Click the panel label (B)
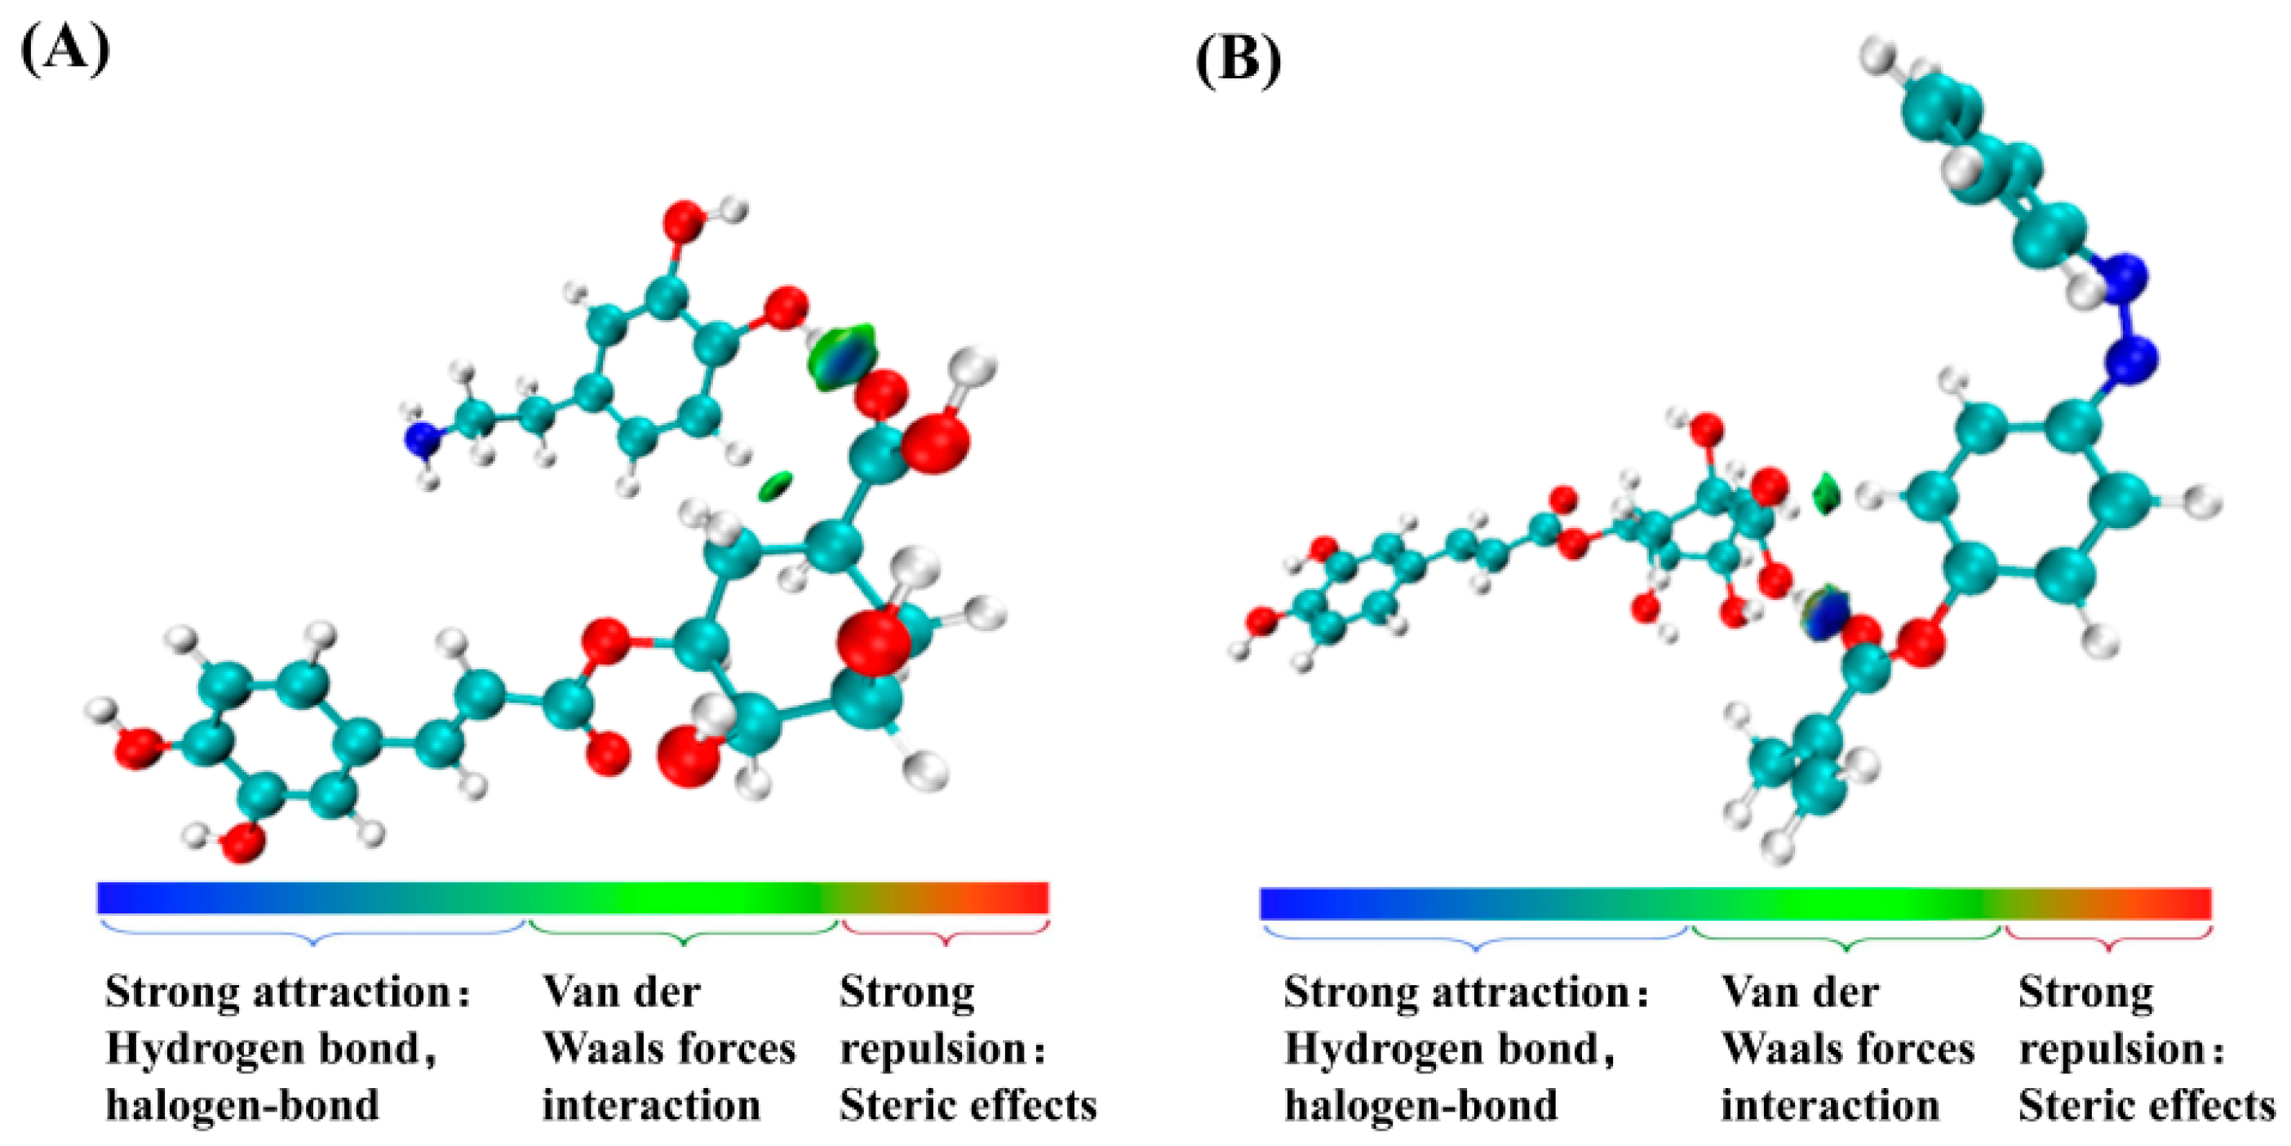pos(1238,60)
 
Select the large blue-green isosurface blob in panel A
pos(841,358)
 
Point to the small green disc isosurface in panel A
pos(776,486)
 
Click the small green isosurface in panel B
pos(1825,495)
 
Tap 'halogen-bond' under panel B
pos(1421,1107)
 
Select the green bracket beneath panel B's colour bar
pos(1846,939)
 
